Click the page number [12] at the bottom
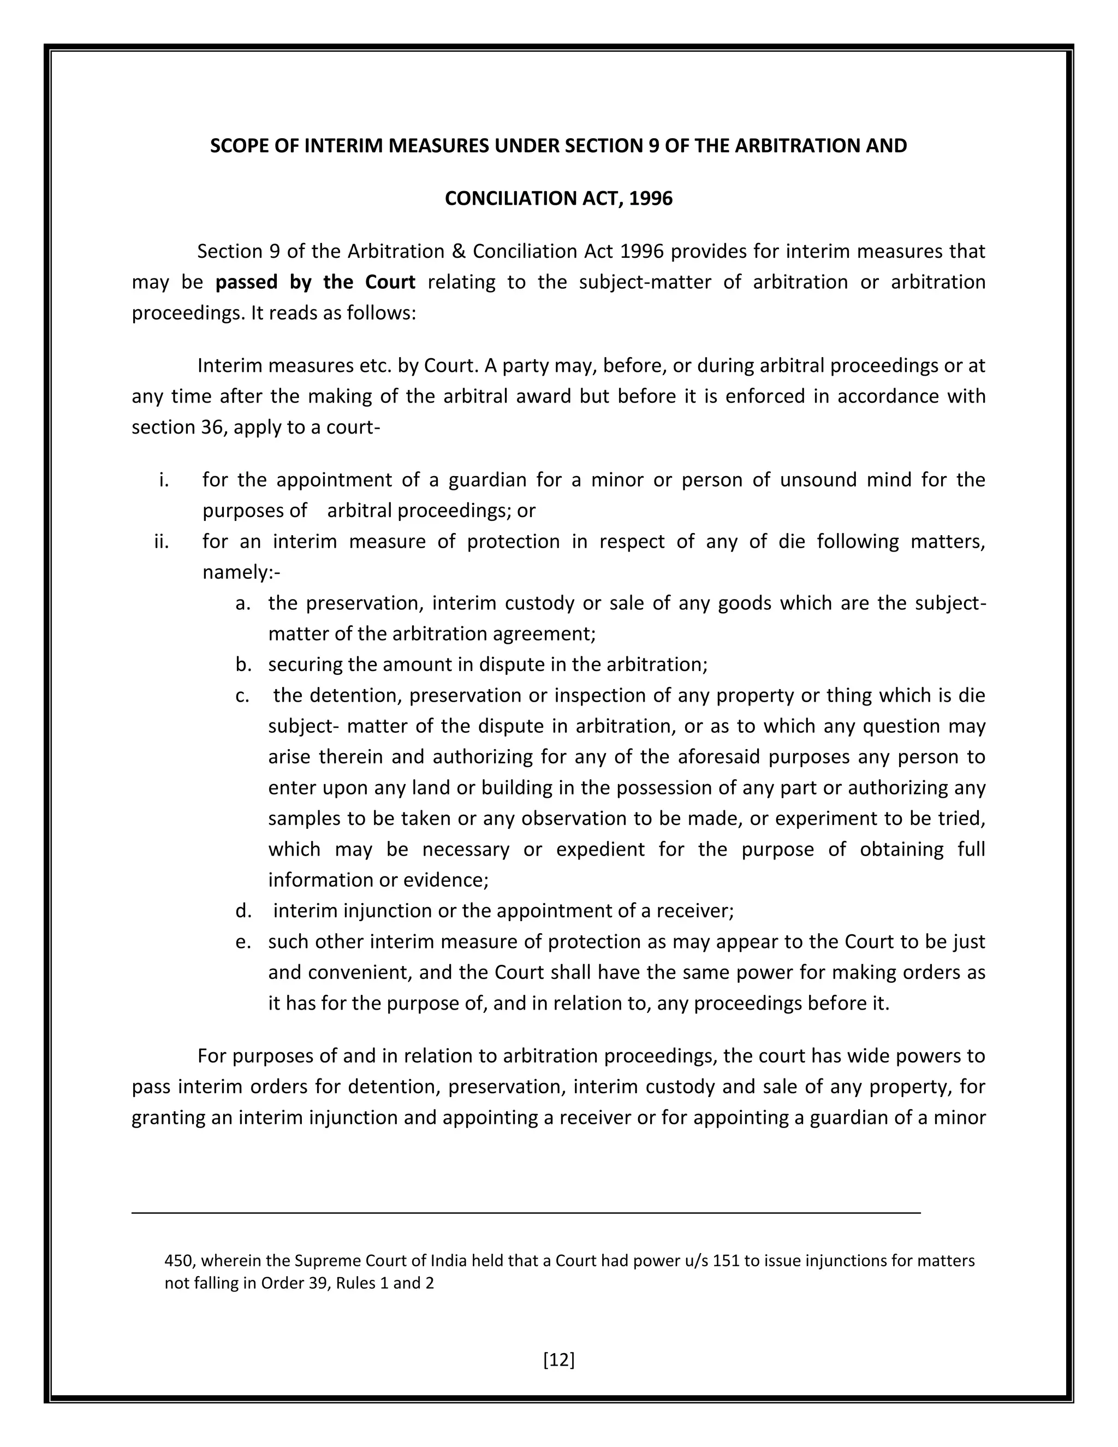[x=558, y=1360]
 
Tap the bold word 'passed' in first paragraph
[x=246, y=282]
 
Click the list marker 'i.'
[x=164, y=479]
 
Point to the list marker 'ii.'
[x=161, y=541]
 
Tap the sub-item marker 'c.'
[x=242, y=695]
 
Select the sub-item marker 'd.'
[x=243, y=911]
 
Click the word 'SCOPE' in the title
[x=239, y=146]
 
